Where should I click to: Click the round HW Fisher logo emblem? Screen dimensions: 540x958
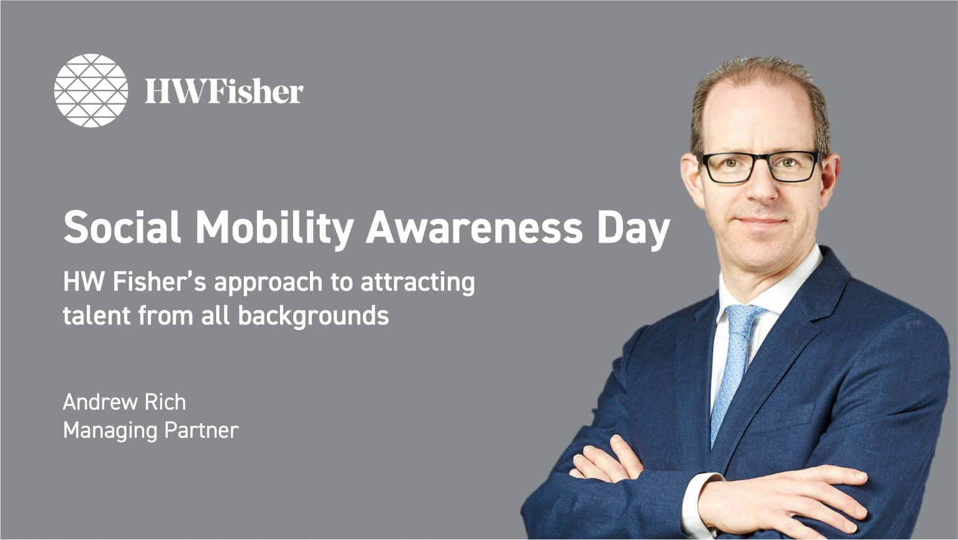tap(91, 90)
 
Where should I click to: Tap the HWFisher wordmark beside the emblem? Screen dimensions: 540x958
tap(224, 91)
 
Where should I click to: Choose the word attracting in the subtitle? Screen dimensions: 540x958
tap(417, 282)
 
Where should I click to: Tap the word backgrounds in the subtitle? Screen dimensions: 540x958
tap(313, 316)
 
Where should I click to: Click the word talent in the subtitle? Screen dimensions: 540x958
tap(97, 316)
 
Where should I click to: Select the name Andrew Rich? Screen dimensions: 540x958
tap(124, 402)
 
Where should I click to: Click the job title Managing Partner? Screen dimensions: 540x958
tap(150, 430)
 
